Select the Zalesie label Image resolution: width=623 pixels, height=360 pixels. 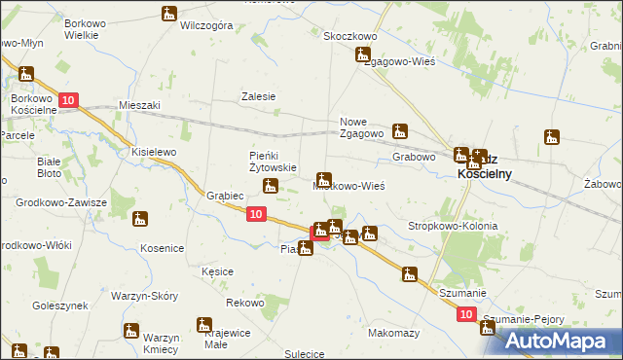(259, 96)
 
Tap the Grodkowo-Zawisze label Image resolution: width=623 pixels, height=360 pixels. (60, 202)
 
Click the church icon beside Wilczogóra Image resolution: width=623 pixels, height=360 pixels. (170, 14)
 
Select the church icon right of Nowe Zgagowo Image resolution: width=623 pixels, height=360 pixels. (399, 130)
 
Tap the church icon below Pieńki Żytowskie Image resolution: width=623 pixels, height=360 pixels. (273, 186)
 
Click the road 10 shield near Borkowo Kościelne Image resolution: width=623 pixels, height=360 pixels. (67, 101)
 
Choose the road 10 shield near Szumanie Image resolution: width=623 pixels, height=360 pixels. (465, 314)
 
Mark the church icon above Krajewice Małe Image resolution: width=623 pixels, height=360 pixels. (203, 325)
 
